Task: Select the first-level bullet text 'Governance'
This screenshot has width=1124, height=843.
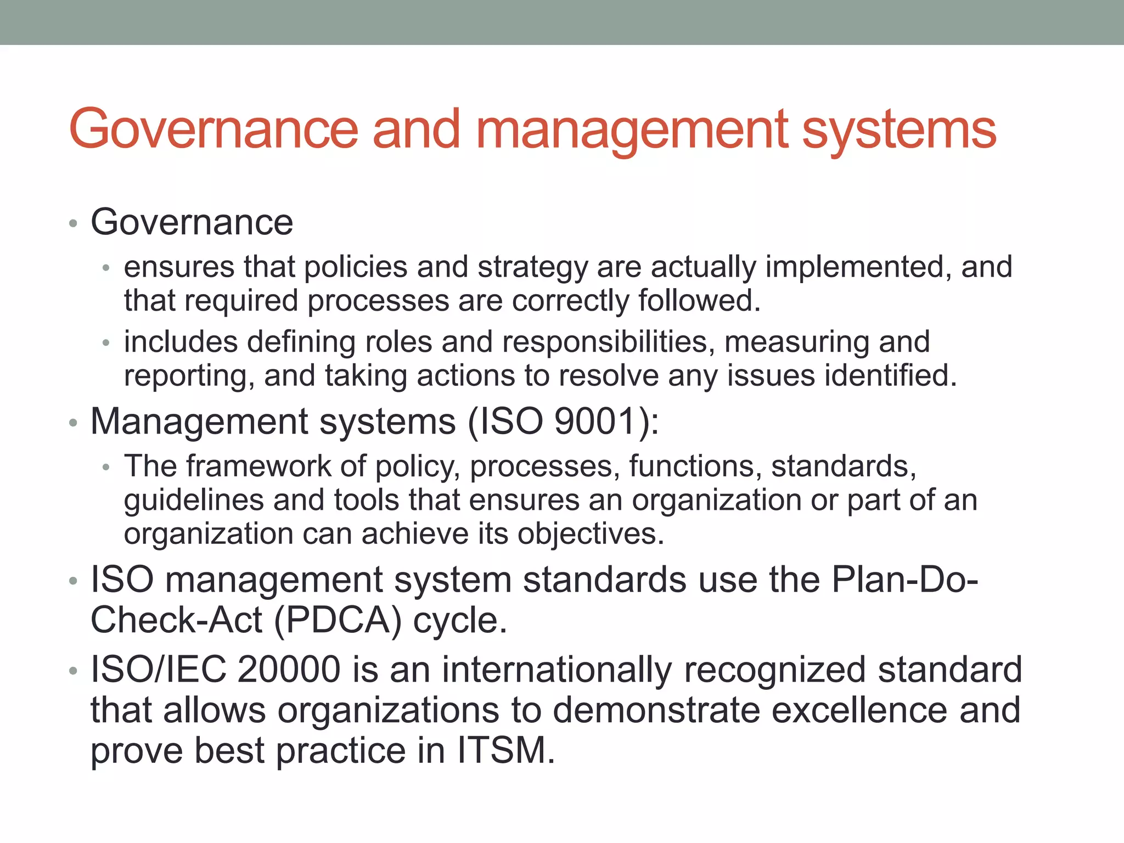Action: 192,223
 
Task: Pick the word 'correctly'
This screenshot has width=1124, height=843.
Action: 570,301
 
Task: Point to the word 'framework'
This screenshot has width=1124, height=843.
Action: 258,467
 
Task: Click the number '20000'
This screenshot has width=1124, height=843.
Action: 289,670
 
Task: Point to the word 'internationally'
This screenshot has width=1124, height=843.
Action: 557,670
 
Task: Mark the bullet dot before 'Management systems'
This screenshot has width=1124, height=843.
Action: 73,424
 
